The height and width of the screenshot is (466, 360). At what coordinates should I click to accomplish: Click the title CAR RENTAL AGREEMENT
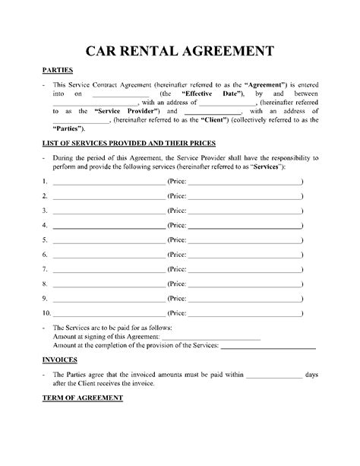[179, 52]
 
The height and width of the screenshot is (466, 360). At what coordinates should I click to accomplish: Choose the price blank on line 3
[244, 212]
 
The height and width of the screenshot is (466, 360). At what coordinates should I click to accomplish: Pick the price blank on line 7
[244, 269]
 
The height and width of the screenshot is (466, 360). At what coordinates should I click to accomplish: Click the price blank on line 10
[244, 312]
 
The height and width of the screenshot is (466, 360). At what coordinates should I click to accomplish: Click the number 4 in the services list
[46, 226]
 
